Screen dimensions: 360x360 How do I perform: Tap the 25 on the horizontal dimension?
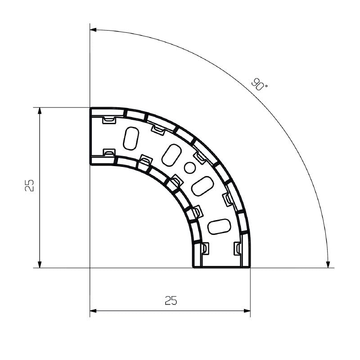(x=171, y=301)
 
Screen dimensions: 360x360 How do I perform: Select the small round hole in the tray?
(x=189, y=168)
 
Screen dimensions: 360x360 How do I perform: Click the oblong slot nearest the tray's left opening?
(x=130, y=138)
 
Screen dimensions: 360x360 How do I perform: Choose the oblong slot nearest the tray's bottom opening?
(x=219, y=226)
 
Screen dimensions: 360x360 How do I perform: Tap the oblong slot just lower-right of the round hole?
(x=202, y=186)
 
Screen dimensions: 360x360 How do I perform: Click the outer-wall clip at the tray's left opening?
(x=109, y=120)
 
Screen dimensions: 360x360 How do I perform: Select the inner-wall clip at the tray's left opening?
(x=109, y=153)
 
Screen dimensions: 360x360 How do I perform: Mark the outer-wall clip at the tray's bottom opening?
(x=238, y=247)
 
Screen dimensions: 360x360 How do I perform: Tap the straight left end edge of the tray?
(x=90, y=136)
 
